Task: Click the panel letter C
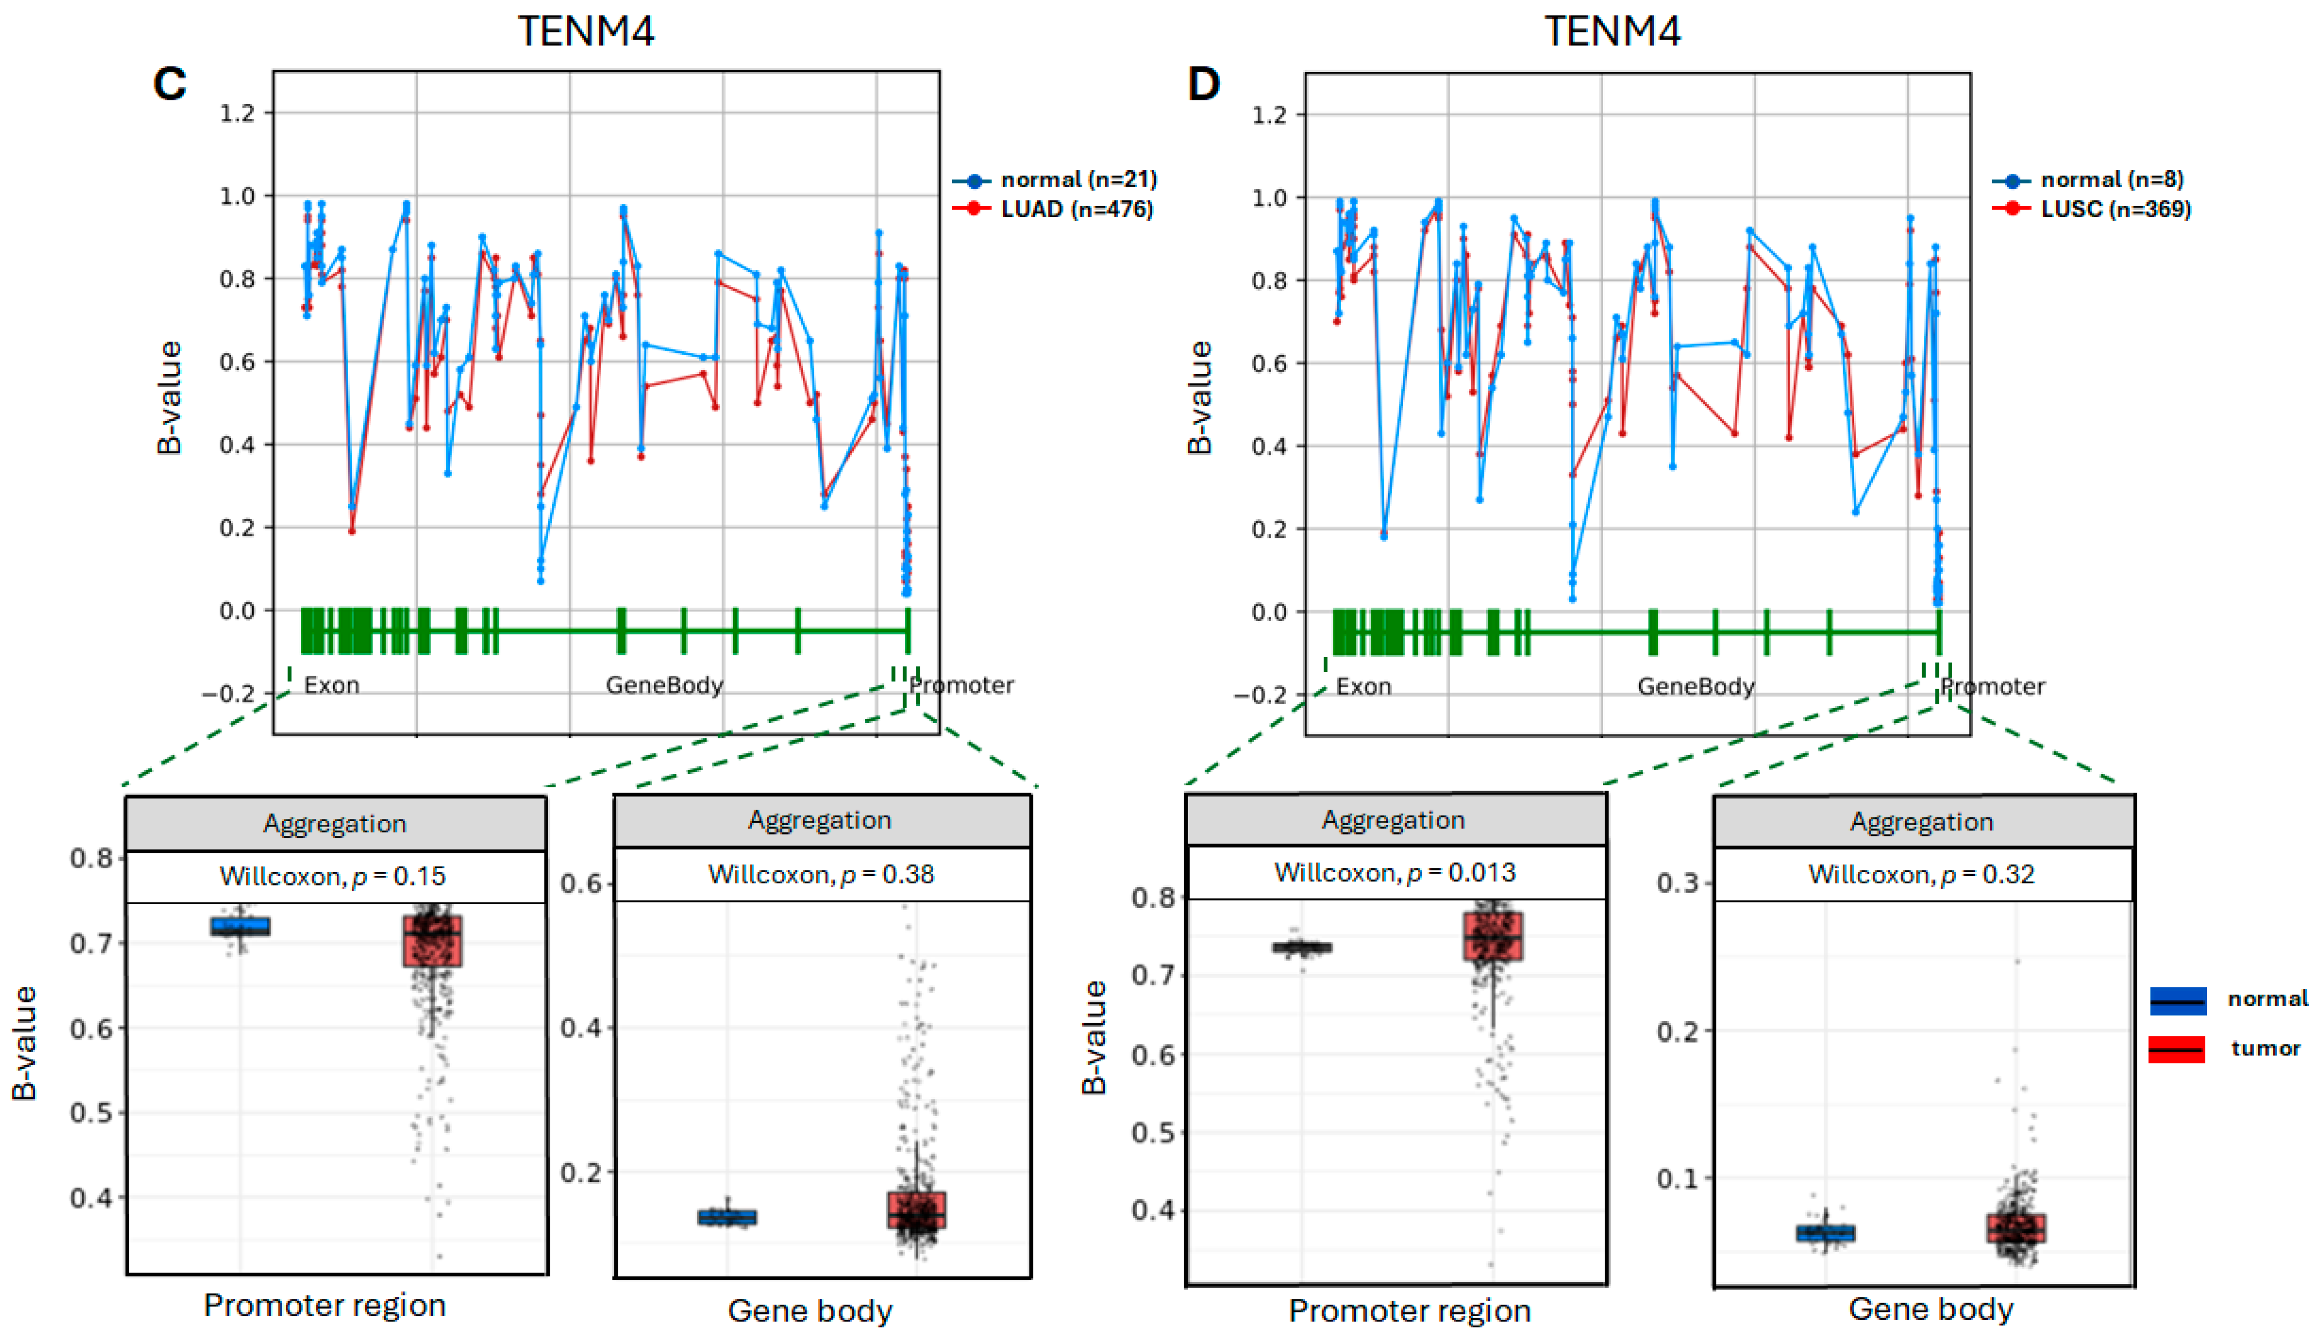pyautogui.click(x=170, y=85)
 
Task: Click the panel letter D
pyautogui.click(x=1204, y=85)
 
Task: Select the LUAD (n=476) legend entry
pyautogui.click(x=1076, y=209)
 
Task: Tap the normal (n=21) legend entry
pyautogui.click(x=1078, y=179)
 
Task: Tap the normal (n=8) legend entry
pyautogui.click(x=2112, y=179)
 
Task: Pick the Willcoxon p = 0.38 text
pyautogui.click(x=821, y=874)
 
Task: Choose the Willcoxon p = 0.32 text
pyautogui.click(x=1922, y=874)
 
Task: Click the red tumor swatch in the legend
pyautogui.click(x=2176, y=1048)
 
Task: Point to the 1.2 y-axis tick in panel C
pyautogui.click(x=237, y=113)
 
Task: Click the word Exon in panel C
pyautogui.click(x=331, y=685)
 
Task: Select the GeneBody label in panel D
pyautogui.click(x=1695, y=687)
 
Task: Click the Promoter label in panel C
pyautogui.click(x=961, y=685)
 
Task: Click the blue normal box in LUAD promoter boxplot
pyautogui.click(x=240, y=926)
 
